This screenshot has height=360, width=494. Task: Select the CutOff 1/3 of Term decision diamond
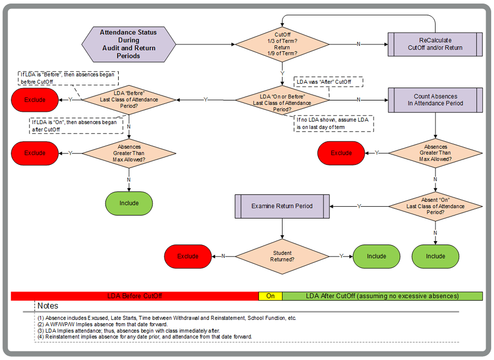tap(282, 44)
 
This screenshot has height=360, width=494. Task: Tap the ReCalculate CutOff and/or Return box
tap(435, 44)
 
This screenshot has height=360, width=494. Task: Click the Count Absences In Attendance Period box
tap(435, 100)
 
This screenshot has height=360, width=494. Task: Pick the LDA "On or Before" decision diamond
tap(282, 100)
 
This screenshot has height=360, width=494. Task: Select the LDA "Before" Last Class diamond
tap(129, 100)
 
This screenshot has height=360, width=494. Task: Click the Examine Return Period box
tap(282, 206)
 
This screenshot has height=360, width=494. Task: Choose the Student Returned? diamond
tap(282, 256)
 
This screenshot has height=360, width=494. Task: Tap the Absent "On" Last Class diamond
tap(435, 206)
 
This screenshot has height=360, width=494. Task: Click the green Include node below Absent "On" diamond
tap(435, 256)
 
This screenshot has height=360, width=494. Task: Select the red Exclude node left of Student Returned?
tap(188, 256)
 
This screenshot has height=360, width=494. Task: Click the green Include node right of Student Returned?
tap(376, 256)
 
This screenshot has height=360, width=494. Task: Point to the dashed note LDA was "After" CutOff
tap(329, 82)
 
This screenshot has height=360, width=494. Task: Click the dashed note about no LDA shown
tap(333, 124)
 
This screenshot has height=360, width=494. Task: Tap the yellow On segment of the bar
tap(271, 296)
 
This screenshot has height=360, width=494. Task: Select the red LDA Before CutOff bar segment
tap(135, 296)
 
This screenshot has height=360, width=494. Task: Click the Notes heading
tap(48, 306)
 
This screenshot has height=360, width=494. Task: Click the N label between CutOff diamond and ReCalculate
tap(358, 44)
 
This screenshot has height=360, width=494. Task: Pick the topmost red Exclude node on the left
tap(35, 100)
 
